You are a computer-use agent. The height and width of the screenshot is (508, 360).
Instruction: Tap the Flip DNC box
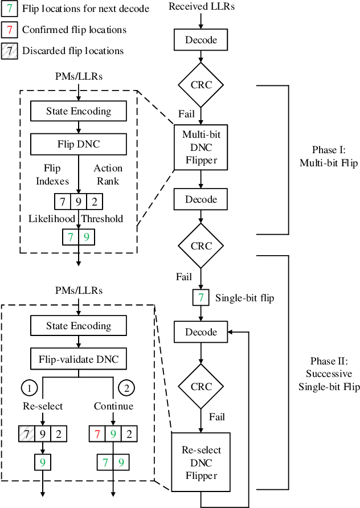[x=79, y=144]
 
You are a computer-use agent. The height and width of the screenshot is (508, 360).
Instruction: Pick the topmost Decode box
[x=201, y=40]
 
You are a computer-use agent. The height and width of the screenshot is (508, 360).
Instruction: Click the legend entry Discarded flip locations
[x=72, y=51]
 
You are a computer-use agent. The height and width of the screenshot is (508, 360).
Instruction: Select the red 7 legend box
[x=10, y=30]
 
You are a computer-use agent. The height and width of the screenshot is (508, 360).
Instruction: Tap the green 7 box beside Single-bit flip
[x=201, y=297]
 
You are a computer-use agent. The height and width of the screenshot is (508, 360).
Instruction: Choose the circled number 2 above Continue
[x=126, y=388]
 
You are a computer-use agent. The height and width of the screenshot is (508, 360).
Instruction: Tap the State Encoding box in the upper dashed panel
[x=79, y=112]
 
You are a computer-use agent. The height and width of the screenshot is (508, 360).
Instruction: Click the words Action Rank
[x=108, y=174]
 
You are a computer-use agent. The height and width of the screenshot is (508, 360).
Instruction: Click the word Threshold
[x=103, y=219]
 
